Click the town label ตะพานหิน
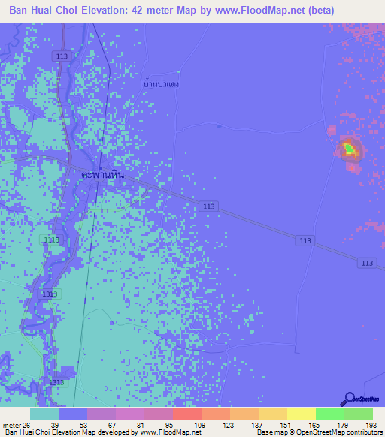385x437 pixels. coord(102,173)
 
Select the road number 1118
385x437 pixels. coord(51,240)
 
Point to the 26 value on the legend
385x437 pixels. coord(29,425)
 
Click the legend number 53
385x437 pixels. coord(92,425)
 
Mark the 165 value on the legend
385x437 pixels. coord(322,425)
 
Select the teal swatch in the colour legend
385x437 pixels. coord(44,414)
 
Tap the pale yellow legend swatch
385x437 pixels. coord(301,414)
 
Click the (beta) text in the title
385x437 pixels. coord(315,11)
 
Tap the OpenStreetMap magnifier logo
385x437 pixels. coord(349,399)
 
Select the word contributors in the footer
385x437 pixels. coord(362,433)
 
